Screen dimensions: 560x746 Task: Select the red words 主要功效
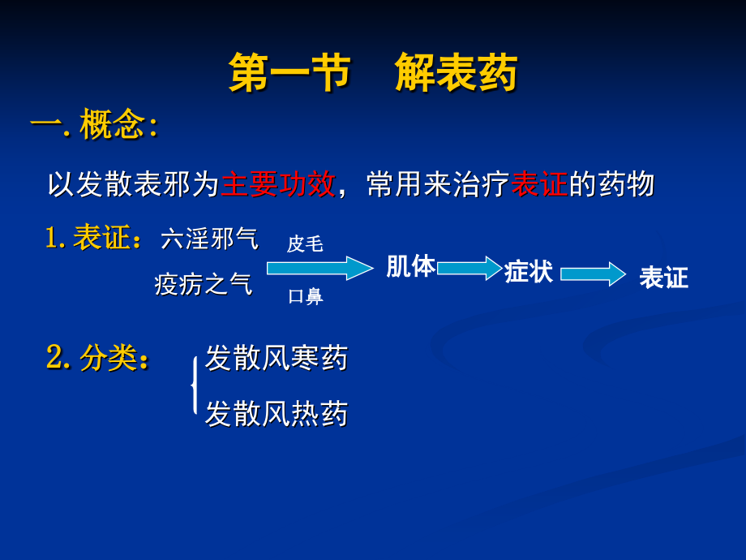pos(277,184)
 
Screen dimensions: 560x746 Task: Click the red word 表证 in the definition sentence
pos(539,184)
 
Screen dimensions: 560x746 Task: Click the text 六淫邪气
pos(210,239)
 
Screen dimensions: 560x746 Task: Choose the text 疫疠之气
pos(204,284)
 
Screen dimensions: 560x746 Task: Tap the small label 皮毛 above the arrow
pos(305,244)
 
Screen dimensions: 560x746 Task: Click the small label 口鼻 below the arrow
pos(305,297)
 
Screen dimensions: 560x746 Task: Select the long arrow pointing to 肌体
pos(319,268)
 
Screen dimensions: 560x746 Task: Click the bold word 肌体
pos(410,266)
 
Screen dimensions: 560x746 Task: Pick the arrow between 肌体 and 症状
pos(469,268)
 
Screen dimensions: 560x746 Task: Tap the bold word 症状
pos(529,272)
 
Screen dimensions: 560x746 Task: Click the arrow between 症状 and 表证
pos(593,274)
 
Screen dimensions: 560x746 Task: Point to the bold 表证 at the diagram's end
pos(663,278)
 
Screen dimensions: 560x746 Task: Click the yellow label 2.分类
pos(97,358)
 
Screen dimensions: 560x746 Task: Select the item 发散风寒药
pos(276,358)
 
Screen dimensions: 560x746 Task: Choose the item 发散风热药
pos(276,414)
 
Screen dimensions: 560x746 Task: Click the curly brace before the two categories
pos(194,386)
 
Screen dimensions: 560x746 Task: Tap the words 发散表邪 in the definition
pos(134,184)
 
